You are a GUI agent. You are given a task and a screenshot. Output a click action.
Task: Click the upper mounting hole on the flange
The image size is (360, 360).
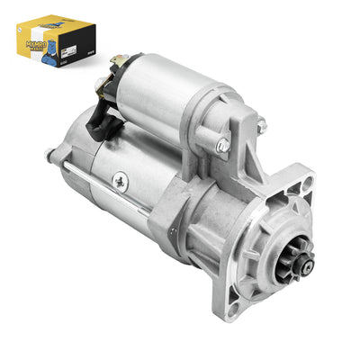click(309, 187)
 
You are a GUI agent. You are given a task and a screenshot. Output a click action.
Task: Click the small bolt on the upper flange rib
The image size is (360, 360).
click(262, 128)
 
